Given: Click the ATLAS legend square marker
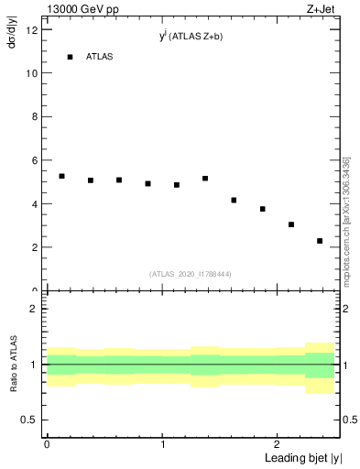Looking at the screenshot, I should [70, 57].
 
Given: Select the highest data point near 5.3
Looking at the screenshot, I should [61, 176].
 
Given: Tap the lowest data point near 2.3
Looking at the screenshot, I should [320, 241].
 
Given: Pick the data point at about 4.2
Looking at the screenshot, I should [234, 200].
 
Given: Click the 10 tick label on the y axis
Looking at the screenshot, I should [31, 73].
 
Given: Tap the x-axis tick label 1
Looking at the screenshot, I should [162, 443].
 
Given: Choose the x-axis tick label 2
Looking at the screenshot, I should [278, 443].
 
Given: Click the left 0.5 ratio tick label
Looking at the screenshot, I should [30, 420].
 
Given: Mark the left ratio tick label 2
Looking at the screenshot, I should [34, 310].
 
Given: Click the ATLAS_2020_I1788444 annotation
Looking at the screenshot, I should [191, 274].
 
